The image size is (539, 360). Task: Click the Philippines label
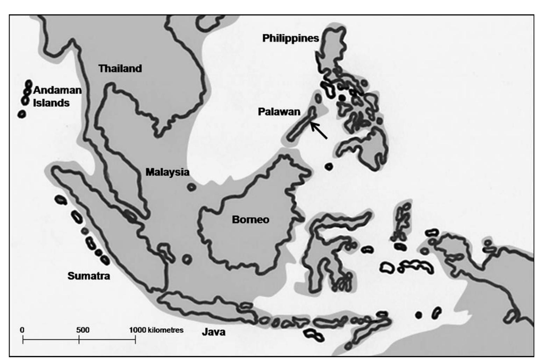click(x=290, y=38)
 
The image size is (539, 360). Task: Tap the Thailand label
click(x=120, y=68)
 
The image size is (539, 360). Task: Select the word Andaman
click(x=57, y=90)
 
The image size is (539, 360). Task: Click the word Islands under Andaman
click(x=51, y=103)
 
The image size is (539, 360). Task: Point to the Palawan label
click(x=279, y=111)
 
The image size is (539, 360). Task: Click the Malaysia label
click(x=167, y=172)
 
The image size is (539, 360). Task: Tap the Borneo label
click(x=250, y=219)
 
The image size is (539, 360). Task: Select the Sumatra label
click(x=88, y=276)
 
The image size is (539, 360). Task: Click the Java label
click(x=213, y=332)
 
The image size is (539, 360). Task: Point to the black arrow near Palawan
click(x=319, y=130)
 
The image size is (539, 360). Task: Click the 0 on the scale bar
click(x=22, y=330)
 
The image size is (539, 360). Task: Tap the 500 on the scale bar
click(x=83, y=330)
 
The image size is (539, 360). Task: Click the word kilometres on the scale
click(x=166, y=330)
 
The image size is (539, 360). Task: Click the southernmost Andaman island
click(x=22, y=114)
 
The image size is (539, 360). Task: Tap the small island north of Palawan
click(x=318, y=98)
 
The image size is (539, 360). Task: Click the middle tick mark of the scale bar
click(x=79, y=339)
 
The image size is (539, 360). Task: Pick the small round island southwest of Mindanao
click(x=328, y=166)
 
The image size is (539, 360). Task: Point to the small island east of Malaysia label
click(x=191, y=187)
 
